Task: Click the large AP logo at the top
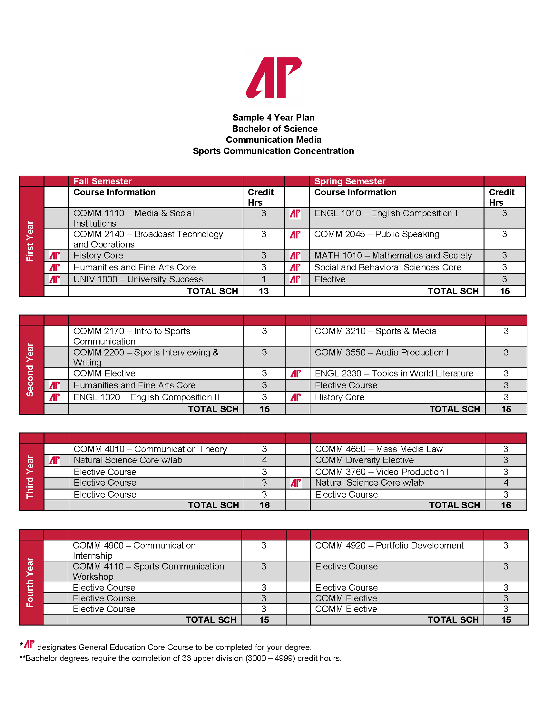[274, 78]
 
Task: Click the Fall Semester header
[103, 181]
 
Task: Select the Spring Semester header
[350, 181]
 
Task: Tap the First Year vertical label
[30, 241]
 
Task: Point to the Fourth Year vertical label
[30, 582]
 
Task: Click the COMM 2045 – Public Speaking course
[377, 234]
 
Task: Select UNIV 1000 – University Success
[138, 279]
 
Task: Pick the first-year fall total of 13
[264, 291]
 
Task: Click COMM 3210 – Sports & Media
[376, 331]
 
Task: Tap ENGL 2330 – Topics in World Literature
[394, 373]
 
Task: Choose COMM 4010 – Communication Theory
[150, 449]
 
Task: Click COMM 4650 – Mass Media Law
[378, 449]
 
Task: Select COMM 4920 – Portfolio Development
[389, 545]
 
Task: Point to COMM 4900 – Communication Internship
[134, 550]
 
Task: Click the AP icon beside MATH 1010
[295, 256]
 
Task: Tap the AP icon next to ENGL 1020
[54, 397]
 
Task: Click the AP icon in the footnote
[29, 644]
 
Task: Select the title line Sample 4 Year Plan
[273, 118]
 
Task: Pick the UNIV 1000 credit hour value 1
[264, 279]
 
